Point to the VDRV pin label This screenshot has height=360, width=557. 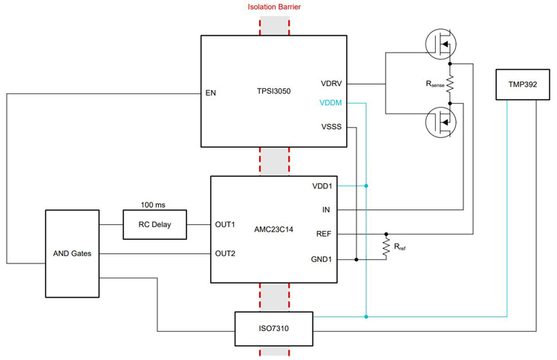[x=331, y=82]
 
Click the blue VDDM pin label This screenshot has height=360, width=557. [x=330, y=103]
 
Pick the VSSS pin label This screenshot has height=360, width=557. [x=331, y=126]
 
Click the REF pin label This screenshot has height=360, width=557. [x=324, y=234]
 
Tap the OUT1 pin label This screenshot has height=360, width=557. [x=226, y=224]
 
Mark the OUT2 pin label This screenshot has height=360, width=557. [x=226, y=254]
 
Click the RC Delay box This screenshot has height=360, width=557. [x=154, y=224]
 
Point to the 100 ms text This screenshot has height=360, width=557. [x=154, y=203]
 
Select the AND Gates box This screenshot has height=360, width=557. [x=72, y=253]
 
